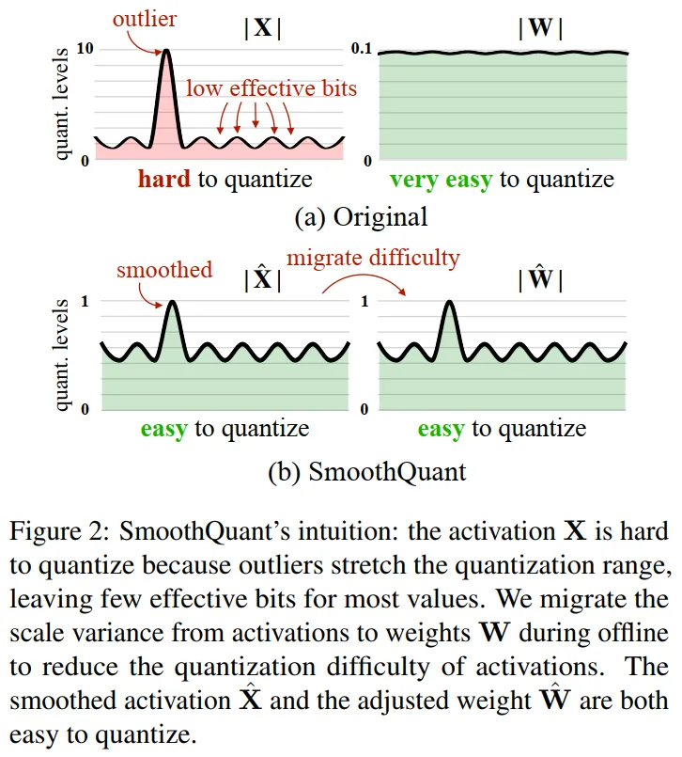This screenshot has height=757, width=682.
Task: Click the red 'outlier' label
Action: tap(145, 18)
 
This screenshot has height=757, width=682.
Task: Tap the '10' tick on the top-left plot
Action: tap(83, 48)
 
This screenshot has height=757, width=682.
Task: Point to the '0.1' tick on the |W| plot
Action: tap(361, 48)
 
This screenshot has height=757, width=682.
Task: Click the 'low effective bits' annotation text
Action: tap(271, 88)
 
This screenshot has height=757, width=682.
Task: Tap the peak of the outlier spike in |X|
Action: tap(167, 51)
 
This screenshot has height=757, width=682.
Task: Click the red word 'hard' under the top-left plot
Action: tap(165, 179)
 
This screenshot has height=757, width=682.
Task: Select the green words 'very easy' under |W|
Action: tap(441, 179)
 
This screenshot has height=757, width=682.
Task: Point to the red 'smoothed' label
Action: tap(163, 270)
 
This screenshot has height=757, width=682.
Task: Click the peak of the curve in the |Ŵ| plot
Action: tap(450, 303)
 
